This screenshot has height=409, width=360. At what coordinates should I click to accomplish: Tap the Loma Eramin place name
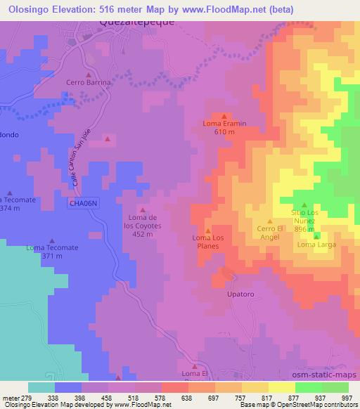click(x=224, y=124)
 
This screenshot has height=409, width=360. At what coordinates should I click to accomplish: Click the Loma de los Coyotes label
click(x=143, y=221)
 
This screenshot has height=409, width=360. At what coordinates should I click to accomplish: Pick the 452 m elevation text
click(x=143, y=234)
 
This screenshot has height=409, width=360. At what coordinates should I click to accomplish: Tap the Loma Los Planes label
click(x=207, y=242)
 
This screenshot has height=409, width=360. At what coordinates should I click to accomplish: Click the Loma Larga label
click(x=316, y=245)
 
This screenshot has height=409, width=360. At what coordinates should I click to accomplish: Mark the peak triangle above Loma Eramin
click(x=224, y=117)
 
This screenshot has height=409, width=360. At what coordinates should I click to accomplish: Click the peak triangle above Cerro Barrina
click(x=89, y=74)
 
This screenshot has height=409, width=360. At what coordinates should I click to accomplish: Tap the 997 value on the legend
click(x=345, y=398)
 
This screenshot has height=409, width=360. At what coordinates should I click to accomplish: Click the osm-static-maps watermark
click(x=330, y=377)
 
